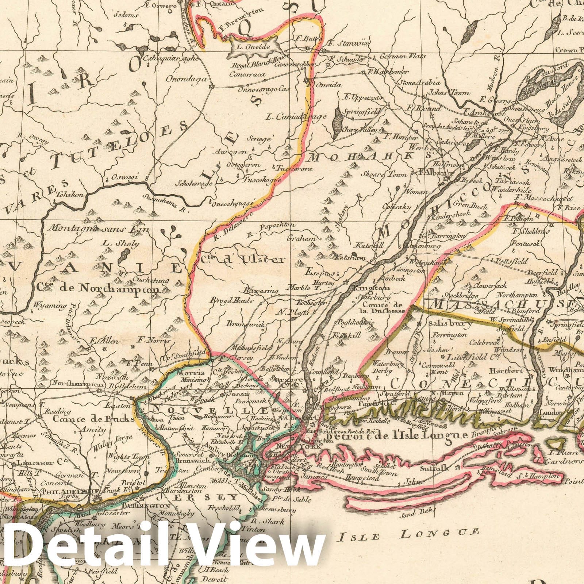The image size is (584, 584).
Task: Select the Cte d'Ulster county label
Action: tap(242, 260)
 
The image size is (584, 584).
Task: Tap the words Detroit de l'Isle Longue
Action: tap(396, 435)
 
